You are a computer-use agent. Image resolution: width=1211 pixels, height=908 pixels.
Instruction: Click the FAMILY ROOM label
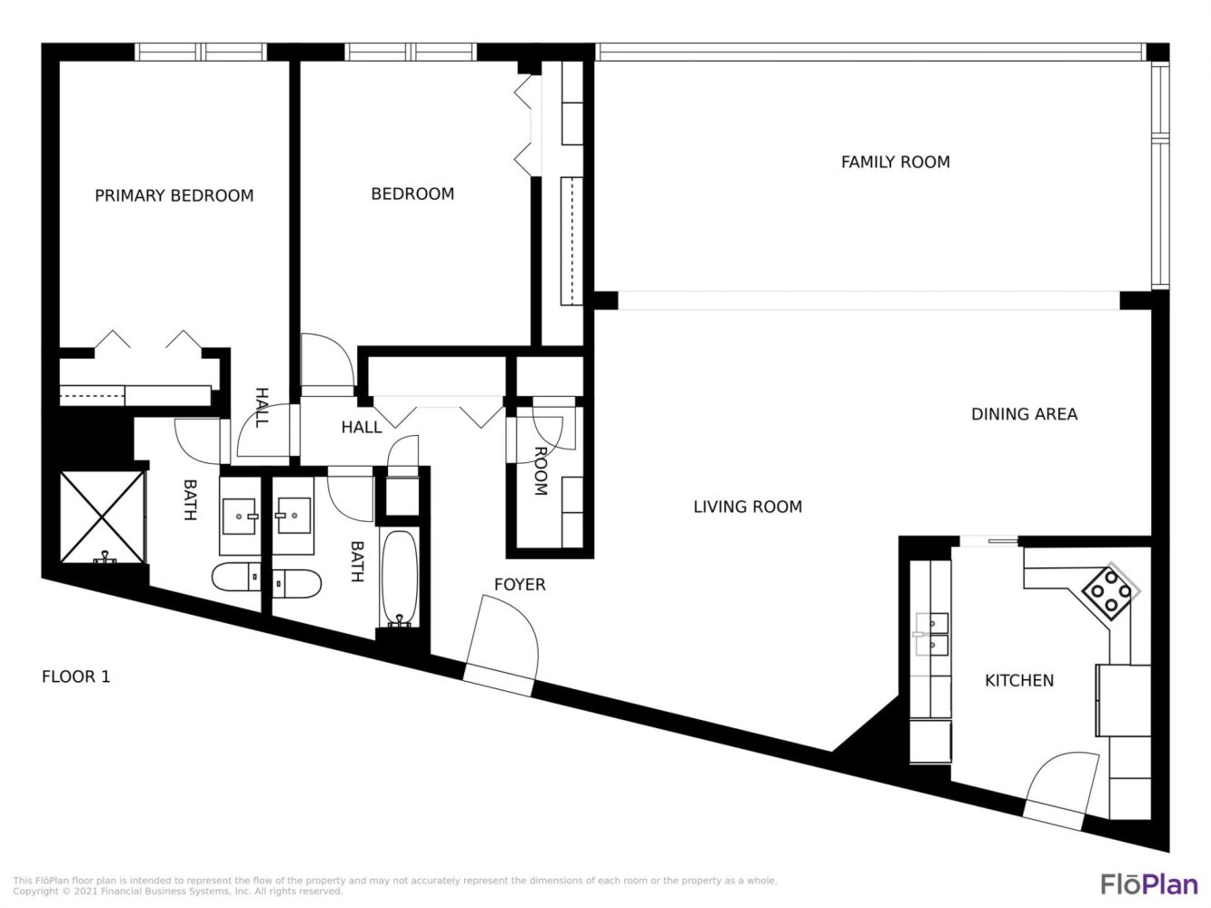point(895,163)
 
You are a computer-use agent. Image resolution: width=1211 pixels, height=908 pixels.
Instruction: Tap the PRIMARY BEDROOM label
point(174,196)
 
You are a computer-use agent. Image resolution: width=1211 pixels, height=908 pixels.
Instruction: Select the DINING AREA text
point(1024,414)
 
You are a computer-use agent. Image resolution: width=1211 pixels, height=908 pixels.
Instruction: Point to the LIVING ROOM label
point(748,507)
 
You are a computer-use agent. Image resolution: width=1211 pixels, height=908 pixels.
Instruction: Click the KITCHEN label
point(1019,680)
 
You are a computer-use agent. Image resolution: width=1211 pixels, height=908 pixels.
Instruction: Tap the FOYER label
point(520,585)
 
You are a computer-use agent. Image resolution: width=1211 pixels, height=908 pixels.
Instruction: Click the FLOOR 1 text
point(76,676)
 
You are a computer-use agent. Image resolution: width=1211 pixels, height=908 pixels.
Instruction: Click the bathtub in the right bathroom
point(399,577)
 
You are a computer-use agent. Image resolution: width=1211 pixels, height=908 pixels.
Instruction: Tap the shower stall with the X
point(102,518)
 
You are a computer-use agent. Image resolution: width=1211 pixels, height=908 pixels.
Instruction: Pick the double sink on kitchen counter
point(932,634)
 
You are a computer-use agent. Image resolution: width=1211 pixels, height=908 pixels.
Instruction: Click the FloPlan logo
point(1149,883)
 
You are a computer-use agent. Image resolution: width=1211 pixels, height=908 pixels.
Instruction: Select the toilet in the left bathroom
point(236,577)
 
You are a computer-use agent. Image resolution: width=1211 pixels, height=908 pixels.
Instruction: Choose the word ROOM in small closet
point(541,471)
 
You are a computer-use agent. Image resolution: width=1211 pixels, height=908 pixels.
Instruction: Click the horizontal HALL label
point(362,428)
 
